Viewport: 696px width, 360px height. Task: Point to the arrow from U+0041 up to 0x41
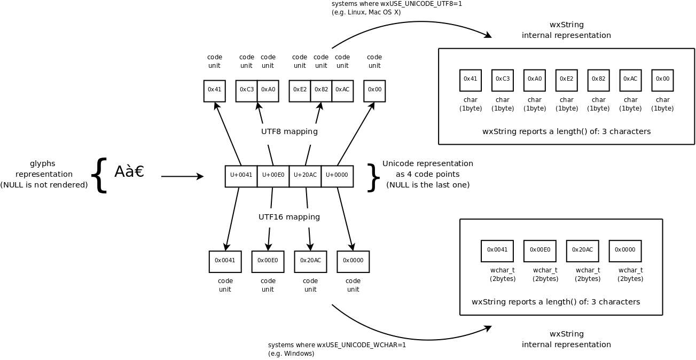click(228, 134)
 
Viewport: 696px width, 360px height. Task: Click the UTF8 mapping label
click(289, 131)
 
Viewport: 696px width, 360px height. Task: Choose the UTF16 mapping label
click(289, 217)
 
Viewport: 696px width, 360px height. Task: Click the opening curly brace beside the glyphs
click(99, 175)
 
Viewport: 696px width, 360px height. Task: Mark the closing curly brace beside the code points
click(373, 177)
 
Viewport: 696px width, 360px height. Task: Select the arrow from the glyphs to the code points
click(182, 176)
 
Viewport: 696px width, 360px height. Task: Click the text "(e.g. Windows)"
click(291, 354)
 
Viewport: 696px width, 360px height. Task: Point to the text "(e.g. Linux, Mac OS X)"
click(366, 12)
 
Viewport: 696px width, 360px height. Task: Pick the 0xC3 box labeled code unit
click(246, 91)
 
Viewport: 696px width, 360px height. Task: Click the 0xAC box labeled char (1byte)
click(630, 80)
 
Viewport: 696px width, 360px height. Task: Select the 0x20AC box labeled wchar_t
click(582, 251)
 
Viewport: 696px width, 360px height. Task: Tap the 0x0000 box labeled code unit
click(353, 261)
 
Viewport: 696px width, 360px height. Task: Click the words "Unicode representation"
click(427, 163)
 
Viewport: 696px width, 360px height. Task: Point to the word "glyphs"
click(43, 163)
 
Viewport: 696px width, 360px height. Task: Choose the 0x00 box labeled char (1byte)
click(662, 80)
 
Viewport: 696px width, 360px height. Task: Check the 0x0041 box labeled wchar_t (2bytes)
click(497, 251)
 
